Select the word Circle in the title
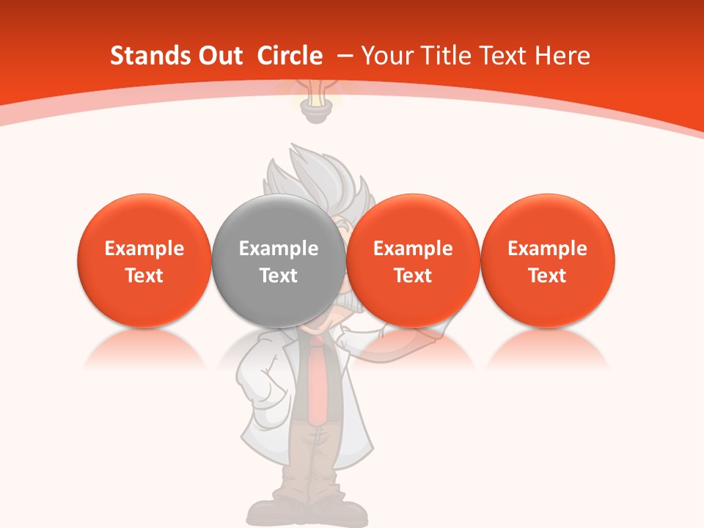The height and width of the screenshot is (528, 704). tap(290, 56)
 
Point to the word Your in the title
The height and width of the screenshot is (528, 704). tap(385, 56)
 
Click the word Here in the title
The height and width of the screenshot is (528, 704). tap(565, 56)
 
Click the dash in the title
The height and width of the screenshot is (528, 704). tap(345, 56)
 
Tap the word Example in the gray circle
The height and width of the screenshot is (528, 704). tap(279, 249)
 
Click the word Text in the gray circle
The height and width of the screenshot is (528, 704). tap(279, 276)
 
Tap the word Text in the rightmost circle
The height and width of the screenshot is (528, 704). tap(547, 276)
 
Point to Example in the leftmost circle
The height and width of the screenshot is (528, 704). tap(144, 249)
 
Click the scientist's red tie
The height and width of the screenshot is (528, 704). tap(317, 381)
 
